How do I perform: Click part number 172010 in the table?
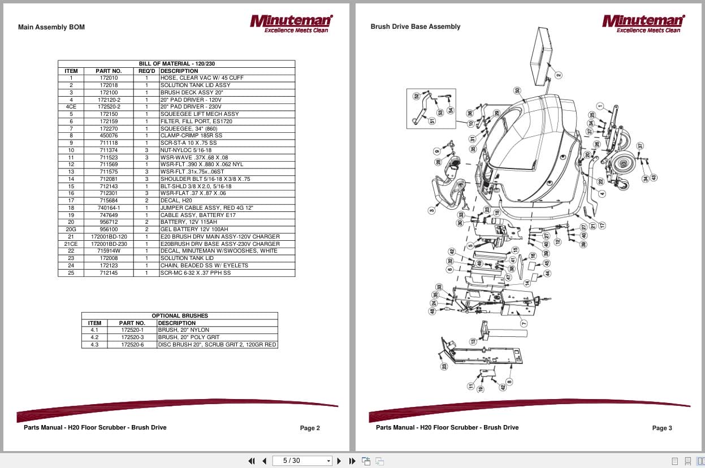coord(109,78)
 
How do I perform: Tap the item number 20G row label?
coord(71,229)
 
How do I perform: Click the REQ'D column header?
coord(146,71)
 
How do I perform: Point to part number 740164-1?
coord(109,208)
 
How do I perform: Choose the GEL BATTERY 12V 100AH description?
coord(195,229)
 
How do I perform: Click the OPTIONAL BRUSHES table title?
coord(180,315)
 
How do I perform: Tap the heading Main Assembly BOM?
coord(51,27)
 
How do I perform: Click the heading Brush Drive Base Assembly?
coord(415,27)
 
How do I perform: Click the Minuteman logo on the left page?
coord(291,23)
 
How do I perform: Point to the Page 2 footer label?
coord(310,428)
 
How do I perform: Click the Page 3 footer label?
coord(662,428)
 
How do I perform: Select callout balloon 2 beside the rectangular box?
coord(558,75)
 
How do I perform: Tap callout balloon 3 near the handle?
coord(432,210)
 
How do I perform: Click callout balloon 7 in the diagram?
coord(524,323)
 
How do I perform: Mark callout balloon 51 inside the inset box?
coord(432,120)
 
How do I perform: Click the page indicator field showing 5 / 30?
coord(302,461)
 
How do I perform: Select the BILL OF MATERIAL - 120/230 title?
coord(176,64)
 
